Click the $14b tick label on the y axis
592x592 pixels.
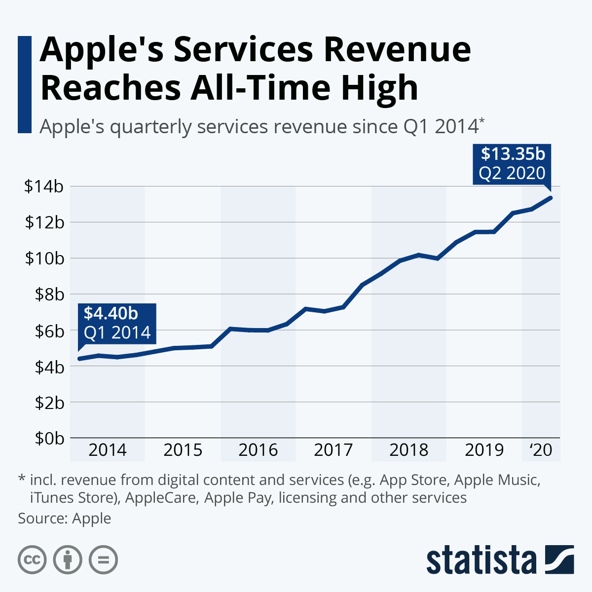coord(44,186)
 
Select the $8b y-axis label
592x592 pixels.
coord(49,294)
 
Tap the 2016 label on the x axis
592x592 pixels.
coord(258,450)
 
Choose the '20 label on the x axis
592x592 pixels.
coord(541,450)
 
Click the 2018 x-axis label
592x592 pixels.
coord(409,450)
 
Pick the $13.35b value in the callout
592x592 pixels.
coord(513,154)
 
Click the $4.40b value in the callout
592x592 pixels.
coord(111,313)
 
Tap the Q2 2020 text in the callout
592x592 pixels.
coord(512,173)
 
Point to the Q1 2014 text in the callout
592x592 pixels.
coord(117,333)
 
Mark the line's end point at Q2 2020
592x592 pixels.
coord(550,198)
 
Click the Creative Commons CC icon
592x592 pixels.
coord(32,560)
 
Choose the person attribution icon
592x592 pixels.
coord(68,560)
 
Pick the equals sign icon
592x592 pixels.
coord(103,560)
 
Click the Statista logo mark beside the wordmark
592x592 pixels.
coord(559,559)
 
